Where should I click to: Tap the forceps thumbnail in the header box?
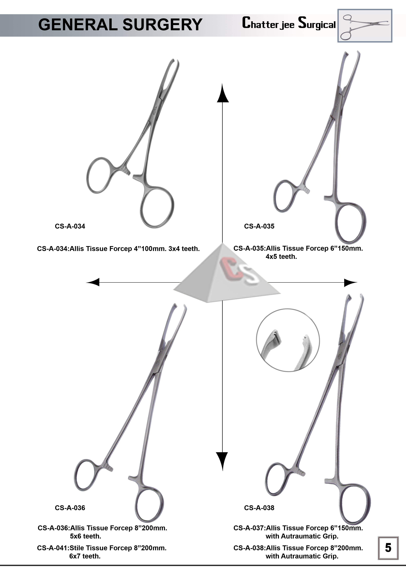coord(365,26)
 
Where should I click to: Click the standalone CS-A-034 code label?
coord(70,226)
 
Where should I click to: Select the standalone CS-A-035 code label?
coord(259,226)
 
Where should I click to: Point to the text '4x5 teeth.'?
coord(281,257)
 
